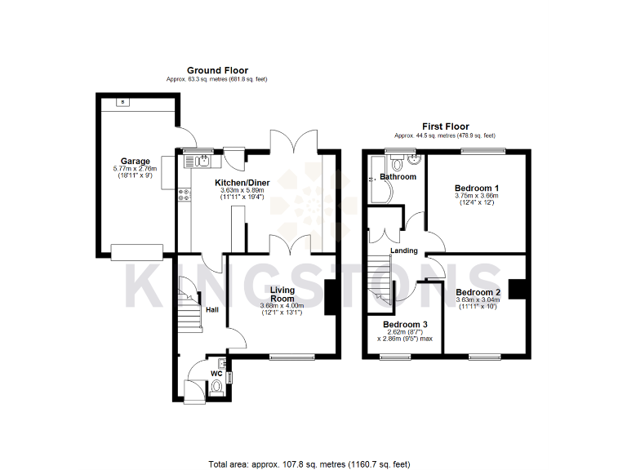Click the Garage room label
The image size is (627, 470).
[135, 161]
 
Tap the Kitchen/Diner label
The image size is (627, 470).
[243, 182]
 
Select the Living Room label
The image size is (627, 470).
[282, 294]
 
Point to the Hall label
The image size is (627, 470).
[211, 309]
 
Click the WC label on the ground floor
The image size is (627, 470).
[216, 373]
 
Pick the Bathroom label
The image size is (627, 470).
[398, 176]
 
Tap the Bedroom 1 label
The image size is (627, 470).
[478, 188]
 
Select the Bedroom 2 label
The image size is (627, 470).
[478, 292]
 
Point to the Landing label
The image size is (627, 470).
[404, 251]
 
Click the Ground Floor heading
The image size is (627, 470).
[217, 71]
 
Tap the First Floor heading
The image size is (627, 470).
[445, 126]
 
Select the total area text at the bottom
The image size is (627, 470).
[309, 463]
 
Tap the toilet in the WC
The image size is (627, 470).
[216, 387]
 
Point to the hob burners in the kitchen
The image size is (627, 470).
[185, 195]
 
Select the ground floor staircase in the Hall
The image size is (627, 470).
[189, 306]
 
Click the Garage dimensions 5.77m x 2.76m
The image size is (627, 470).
[135, 169]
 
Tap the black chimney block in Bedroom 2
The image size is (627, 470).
[516, 290]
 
